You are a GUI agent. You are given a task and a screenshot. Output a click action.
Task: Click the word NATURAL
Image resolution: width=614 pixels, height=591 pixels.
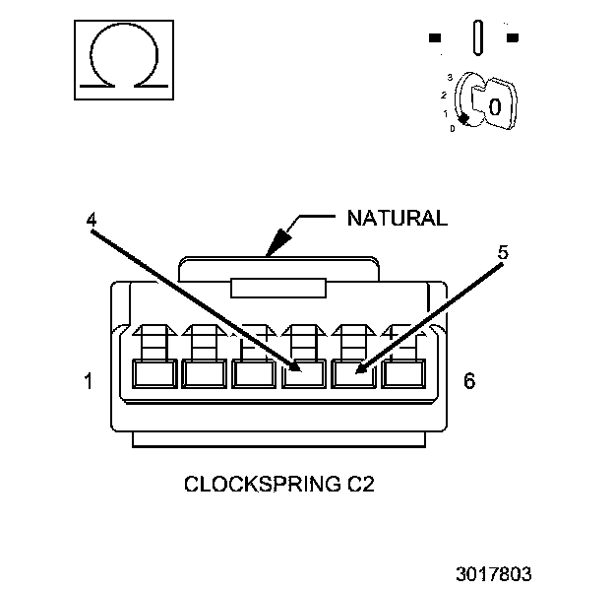396,218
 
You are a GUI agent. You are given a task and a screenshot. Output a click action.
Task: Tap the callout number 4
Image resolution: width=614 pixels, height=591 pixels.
91,221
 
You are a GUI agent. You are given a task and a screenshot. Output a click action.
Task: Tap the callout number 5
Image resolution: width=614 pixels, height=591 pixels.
503,252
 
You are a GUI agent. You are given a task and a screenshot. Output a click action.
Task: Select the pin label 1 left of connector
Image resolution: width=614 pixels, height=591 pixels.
89,380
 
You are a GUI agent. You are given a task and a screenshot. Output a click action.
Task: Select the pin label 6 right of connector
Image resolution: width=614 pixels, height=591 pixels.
469,380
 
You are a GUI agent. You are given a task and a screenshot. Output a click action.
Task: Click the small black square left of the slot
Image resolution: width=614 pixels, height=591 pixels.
434,38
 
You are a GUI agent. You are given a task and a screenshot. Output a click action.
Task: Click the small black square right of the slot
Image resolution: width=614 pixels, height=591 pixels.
512,38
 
